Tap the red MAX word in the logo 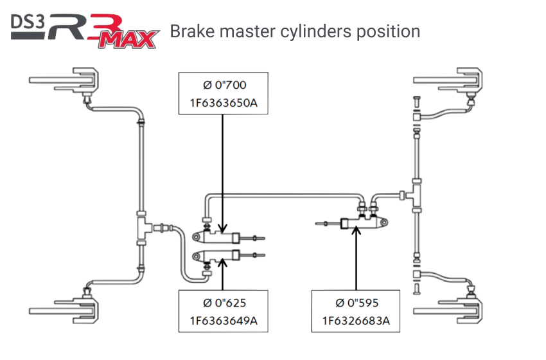coord(132,41)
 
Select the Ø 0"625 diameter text coord(223,303)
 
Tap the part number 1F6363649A coord(223,319)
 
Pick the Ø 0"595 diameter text coord(357,303)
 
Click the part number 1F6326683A coord(357,319)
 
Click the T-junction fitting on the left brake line coord(142,226)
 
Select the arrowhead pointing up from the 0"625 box coord(222,261)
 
